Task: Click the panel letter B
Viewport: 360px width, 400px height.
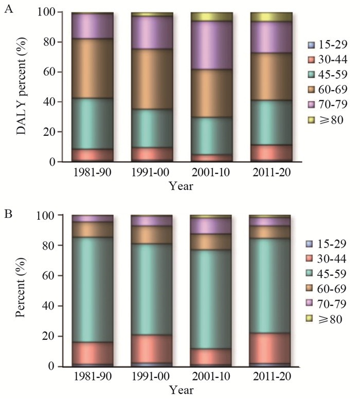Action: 8,213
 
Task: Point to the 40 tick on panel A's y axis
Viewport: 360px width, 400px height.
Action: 48,102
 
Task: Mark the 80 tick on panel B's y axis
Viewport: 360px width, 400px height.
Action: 48,245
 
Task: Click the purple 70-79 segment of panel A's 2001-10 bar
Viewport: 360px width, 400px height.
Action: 212,45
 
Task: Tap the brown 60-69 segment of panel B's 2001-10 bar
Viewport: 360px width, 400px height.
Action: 212,242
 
